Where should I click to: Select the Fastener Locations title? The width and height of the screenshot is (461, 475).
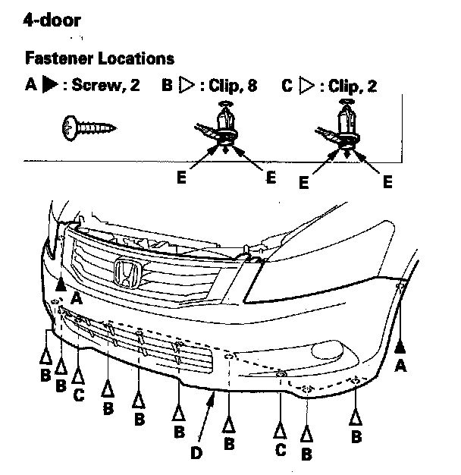point(99,58)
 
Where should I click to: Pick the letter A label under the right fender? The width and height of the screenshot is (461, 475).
point(401,365)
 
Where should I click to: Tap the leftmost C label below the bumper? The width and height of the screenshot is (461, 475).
point(77,395)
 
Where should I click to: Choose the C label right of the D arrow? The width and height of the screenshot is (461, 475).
point(281,451)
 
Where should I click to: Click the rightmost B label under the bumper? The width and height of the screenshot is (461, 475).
point(356,436)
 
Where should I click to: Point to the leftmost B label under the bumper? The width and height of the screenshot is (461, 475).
point(45,375)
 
